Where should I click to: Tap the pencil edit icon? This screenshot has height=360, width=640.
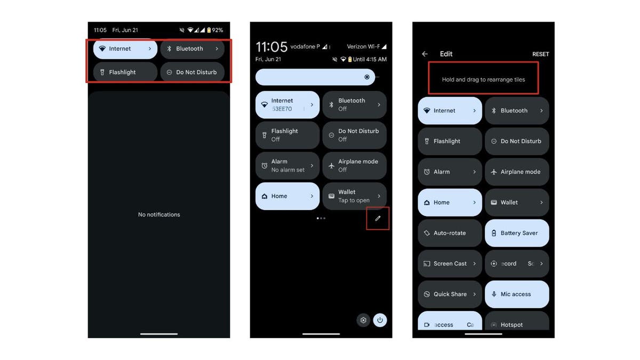(378, 218)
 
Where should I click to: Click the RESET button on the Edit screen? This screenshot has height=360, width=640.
(540, 54)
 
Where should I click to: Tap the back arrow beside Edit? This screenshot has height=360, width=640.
(425, 54)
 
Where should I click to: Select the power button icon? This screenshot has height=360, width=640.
(380, 320)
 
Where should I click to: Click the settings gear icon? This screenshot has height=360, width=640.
(363, 320)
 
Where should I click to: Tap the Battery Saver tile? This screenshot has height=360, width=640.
(517, 233)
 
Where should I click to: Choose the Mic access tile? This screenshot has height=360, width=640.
(517, 294)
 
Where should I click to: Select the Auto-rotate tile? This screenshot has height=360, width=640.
(450, 233)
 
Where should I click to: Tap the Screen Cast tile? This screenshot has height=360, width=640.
(450, 263)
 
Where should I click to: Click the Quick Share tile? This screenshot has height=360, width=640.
(450, 294)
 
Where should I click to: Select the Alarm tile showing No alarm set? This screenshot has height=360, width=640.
(287, 165)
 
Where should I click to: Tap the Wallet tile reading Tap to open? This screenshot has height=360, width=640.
(354, 196)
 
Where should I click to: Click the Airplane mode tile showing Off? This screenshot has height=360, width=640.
(354, 165)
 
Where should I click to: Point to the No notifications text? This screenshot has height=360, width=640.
(159, 215)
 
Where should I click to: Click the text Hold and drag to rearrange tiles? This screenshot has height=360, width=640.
(483, 79)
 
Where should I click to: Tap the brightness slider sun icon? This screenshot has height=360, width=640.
(367, 77)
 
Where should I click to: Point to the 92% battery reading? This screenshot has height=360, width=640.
(217, 30)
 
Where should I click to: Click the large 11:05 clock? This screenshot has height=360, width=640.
(271, 47)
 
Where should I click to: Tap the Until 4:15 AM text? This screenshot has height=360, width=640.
(370, 59)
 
